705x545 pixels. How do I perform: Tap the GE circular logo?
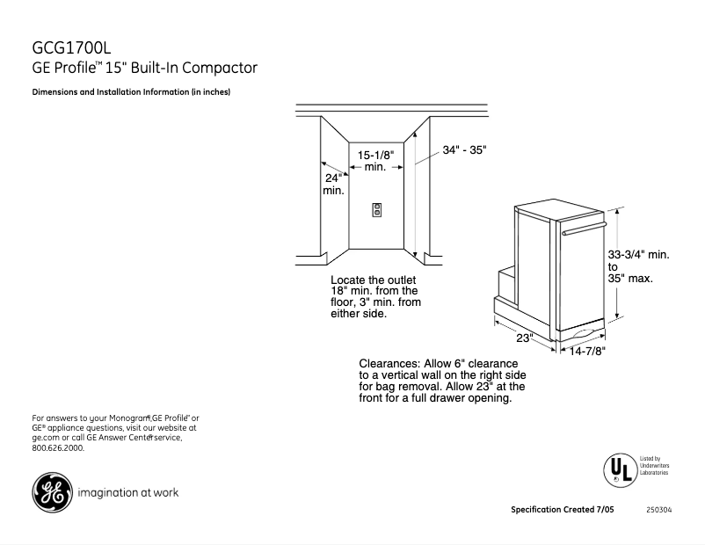tap(51, 492)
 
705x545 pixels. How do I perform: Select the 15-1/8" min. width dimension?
tap(375, 161)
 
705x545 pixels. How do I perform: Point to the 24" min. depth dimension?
tap(333, 184)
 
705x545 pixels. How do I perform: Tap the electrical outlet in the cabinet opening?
tap(377, 209)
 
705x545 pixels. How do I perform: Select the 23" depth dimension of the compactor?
tap(525, 338)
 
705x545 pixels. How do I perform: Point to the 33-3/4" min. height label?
tap(639, 255)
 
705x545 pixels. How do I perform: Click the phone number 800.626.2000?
tap(58, 447)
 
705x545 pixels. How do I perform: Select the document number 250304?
tap(658, 510)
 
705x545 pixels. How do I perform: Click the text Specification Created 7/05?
tap(563, 510)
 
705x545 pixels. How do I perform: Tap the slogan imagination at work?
tap(128, 492)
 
